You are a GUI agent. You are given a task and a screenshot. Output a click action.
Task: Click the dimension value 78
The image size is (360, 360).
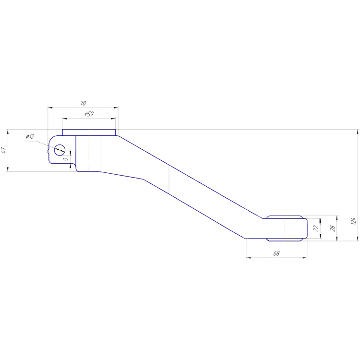[83, 103]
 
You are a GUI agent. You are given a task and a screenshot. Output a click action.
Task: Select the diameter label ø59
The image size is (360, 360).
[89, 114]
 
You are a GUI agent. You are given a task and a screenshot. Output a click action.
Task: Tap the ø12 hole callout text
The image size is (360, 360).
[30, 137]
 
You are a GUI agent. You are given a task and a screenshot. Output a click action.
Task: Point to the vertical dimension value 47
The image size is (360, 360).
[4, 150]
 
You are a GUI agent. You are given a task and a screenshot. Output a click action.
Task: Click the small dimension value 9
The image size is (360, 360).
[66, 159]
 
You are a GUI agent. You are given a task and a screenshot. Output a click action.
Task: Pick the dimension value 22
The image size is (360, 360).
[316, 228]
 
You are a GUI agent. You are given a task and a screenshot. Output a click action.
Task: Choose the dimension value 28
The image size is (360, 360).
[332, 228]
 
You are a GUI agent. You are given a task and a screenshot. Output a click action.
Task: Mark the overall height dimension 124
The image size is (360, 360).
[353, 221]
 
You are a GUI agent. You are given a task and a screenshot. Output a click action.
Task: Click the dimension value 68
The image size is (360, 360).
[276, 253]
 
